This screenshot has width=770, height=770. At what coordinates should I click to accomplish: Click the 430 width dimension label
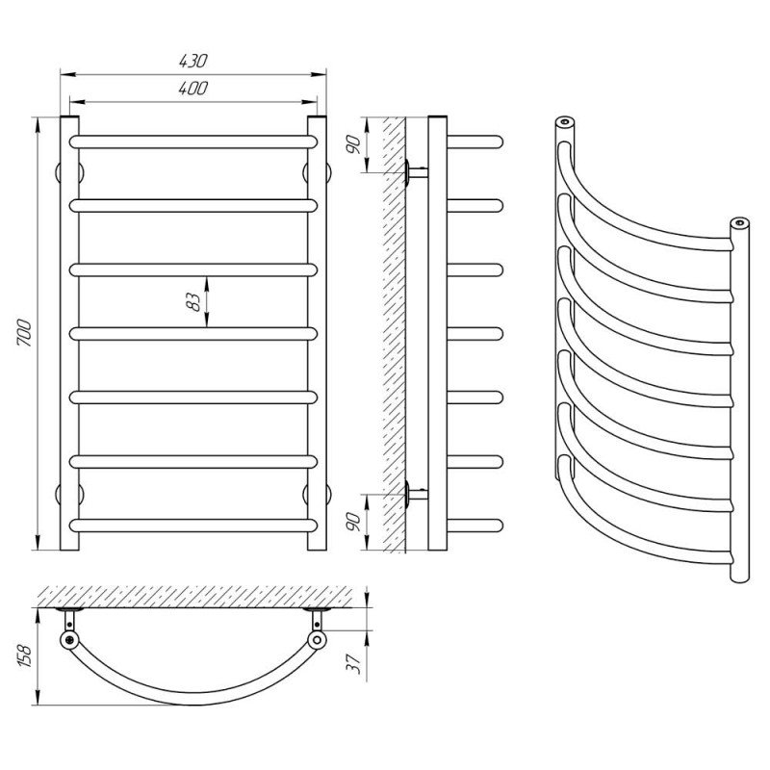point(193,61)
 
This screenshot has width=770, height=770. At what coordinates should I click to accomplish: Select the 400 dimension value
point(193,89)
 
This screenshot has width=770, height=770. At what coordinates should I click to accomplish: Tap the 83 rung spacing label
point(193,301)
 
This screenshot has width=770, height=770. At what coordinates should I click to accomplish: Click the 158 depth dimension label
point(25,655)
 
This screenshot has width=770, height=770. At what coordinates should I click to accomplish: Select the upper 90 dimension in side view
point(354,144)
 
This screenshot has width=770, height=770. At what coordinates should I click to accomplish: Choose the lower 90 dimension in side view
point(354,522)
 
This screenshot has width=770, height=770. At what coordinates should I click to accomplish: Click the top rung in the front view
point(193,141)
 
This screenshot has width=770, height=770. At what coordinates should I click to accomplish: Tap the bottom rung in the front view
point(193,526)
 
